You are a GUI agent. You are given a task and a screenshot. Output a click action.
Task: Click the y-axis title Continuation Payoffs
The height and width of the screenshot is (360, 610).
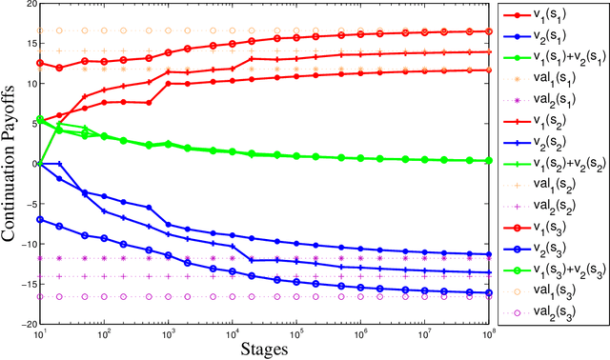[x=9, y=162]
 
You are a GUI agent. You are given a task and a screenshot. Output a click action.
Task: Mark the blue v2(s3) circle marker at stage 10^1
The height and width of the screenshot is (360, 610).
[x=40, y=219]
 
